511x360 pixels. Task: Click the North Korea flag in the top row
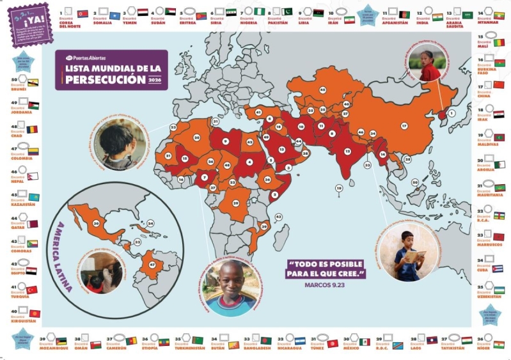pyautogui.click(x=83, y=13)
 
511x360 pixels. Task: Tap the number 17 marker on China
pyautogui.click(x=404, y=126)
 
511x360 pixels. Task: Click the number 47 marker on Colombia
pyautogui.click(x=152, y=263)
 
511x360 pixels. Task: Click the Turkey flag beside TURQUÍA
pyautogui.click(x=33, y=289)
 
